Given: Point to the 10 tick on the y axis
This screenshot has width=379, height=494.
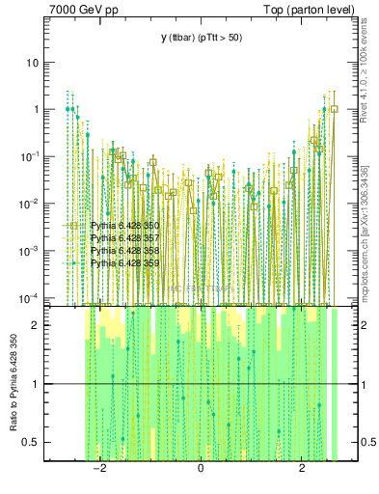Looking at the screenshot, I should tap(33, 63).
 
